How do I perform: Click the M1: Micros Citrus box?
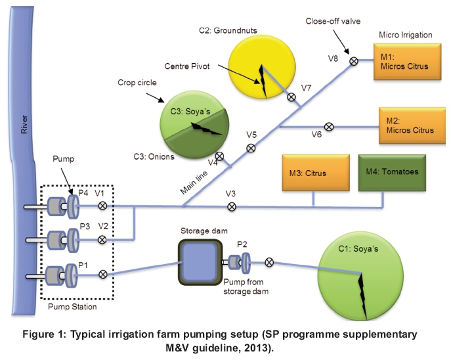tap(400, 61)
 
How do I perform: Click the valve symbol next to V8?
tap(353, 61)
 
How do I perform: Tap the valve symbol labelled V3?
tap(232, 207)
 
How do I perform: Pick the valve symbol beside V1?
tap(102, 206)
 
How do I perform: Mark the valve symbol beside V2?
tap(102, 240)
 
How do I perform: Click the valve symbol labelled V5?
tap(250, 148)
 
